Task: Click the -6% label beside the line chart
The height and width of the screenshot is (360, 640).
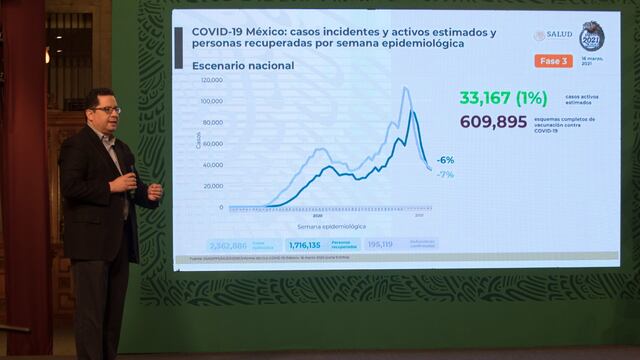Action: (x=445, y=160)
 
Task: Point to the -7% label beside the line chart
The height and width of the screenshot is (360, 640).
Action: (x=445, y=174)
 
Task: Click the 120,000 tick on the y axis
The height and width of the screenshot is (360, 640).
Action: (x=212, y=79)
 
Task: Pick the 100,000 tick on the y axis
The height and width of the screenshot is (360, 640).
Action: (x=212, y=101)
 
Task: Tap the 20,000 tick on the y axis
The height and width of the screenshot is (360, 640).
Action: (x=213, y=187)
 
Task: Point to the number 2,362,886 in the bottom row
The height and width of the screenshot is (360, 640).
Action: (x=228, y=244)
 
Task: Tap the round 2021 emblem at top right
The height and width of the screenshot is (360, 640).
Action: (x=592, y=37)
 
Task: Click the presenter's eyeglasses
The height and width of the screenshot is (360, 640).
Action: (x=104, y=109)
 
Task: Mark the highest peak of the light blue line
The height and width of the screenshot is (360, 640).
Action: (x=406, y=88)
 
